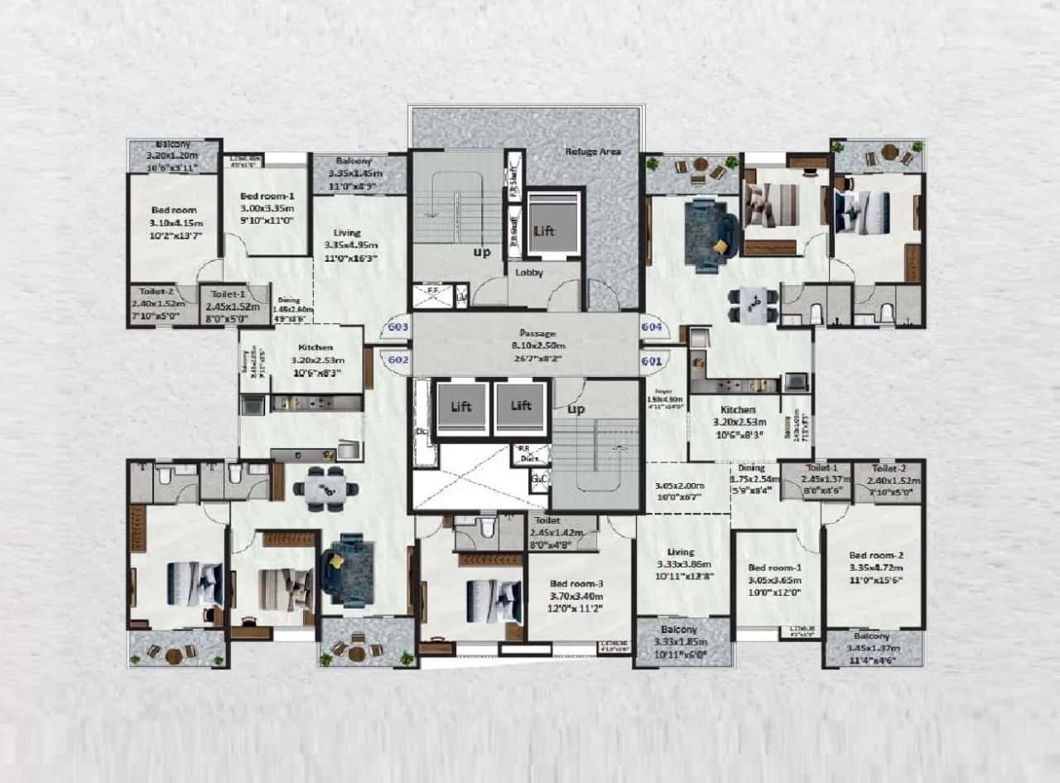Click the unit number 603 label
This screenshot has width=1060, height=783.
coord(398,327)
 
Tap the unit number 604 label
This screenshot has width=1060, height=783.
coord(652,327)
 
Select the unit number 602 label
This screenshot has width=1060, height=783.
coord(398,360)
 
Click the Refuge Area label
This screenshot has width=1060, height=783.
coord(592,152)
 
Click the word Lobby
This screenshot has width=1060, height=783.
coord(529,273)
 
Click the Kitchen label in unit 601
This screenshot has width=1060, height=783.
coord(737,410)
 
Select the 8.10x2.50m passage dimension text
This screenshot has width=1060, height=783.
coord(525,346)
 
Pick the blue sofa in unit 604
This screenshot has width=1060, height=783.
coord(711,234)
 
